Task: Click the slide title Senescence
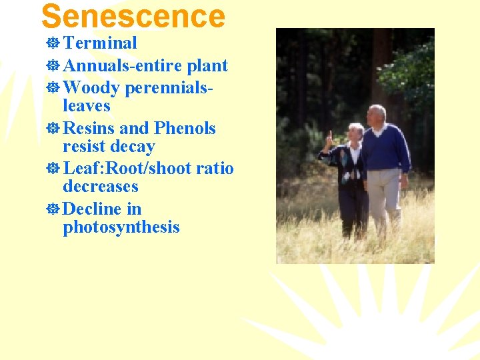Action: pyautogui.click(x=133, y=16)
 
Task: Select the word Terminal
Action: pyautogui.click(x=99, y=43)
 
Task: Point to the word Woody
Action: pyautogui.click(x=91, y=87)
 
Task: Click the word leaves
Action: pyautogui.click(x=86, y=106)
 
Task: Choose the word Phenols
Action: pyautogui.click(x=185, y=127)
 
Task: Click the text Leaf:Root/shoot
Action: pyautogui.click(x=127, y=168)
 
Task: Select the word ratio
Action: pyautogui.click(x=215, y=168)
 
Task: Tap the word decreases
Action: pyautogui.click(x=100, y=187)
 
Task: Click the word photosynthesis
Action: pyautogui.click(x=121, y=227)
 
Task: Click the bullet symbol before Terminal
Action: pyautogui.click(x=53, y=44)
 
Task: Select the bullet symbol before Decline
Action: pyautogui.click(x=53, y=209)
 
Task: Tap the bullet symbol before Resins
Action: pyautogui.click(x=53, y=128)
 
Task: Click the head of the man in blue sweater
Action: pyautogui.click(x=377, y=115)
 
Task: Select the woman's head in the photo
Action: pyautogui.click(x=355, y=133)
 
